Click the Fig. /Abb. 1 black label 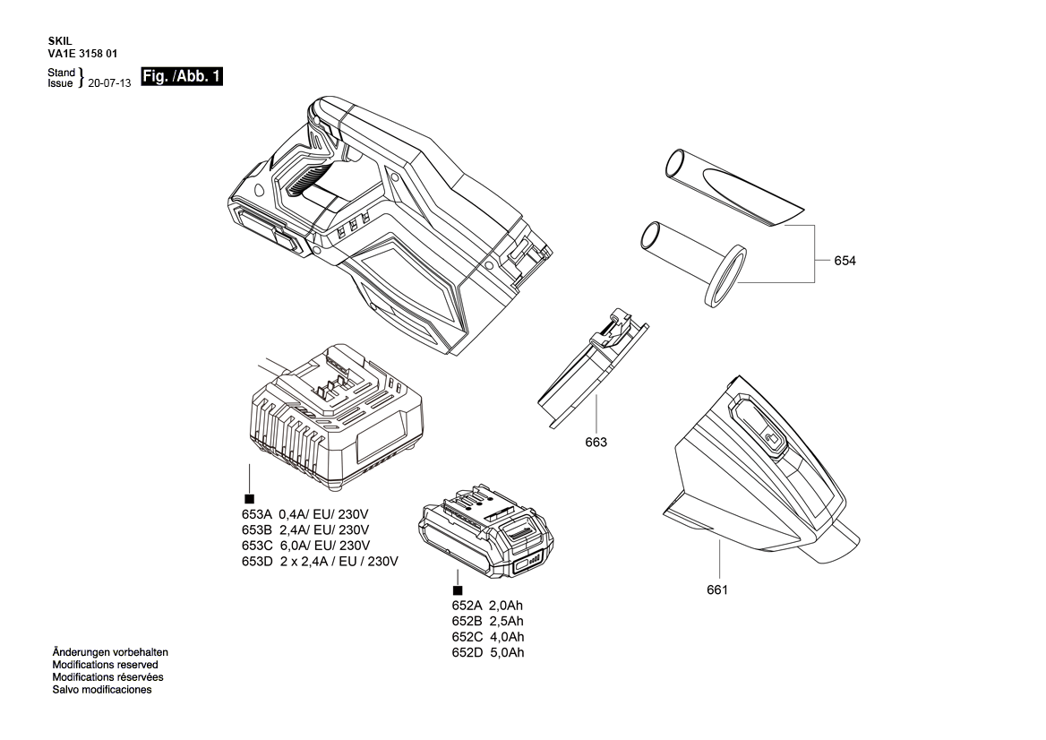click(x=181, y=77)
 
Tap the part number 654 click(x=845, y=261)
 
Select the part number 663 click(x=596, y=442)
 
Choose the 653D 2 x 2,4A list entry click(x=320, y=561)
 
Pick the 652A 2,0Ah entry click(x=488, y=606)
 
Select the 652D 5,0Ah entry click(x=488, y=652)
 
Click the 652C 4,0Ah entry click(x=488, y=637)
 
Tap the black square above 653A click(x=249, y=498)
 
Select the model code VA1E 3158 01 click(x=82, y=54)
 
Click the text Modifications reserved click(x=105, y=665)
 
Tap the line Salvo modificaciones click(x=102, y=690)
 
